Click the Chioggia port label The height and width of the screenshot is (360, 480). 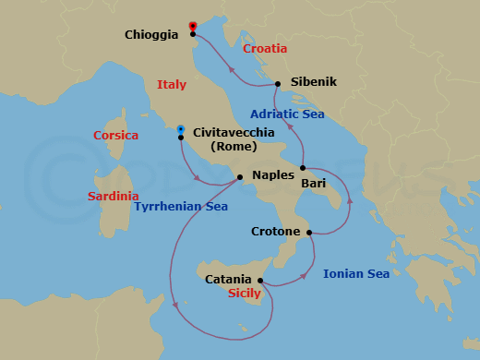(x=151, y=35)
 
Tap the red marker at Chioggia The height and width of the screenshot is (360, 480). (x=192, y=26)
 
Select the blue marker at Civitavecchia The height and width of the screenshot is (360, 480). (x=181, y=129)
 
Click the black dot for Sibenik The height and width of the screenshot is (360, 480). (x=278, y=83)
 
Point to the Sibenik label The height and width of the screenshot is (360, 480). (x=314, y=82)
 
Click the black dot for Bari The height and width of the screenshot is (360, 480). (x=302, y=168)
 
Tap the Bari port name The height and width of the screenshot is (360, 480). (x=313, y=183)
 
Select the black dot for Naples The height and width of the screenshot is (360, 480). (x=240, y=177)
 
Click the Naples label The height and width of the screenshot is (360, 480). (x=272, y=174)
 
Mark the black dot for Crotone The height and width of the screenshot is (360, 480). (x=309, y=232)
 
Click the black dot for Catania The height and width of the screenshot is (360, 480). (x=260, y=281)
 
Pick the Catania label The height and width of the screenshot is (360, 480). (x=228, y=279)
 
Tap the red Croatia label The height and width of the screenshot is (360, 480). (x=265, y=48)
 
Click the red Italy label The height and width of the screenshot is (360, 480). (x=172, y=84)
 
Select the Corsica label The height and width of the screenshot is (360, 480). (x=116, y=136)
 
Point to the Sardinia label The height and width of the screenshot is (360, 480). (x=114, y=196)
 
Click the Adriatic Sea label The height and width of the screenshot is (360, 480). (x=288, y=114)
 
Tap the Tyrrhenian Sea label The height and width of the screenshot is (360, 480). (x=181, y=207)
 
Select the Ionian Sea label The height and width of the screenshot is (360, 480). (x=355, y=273)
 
